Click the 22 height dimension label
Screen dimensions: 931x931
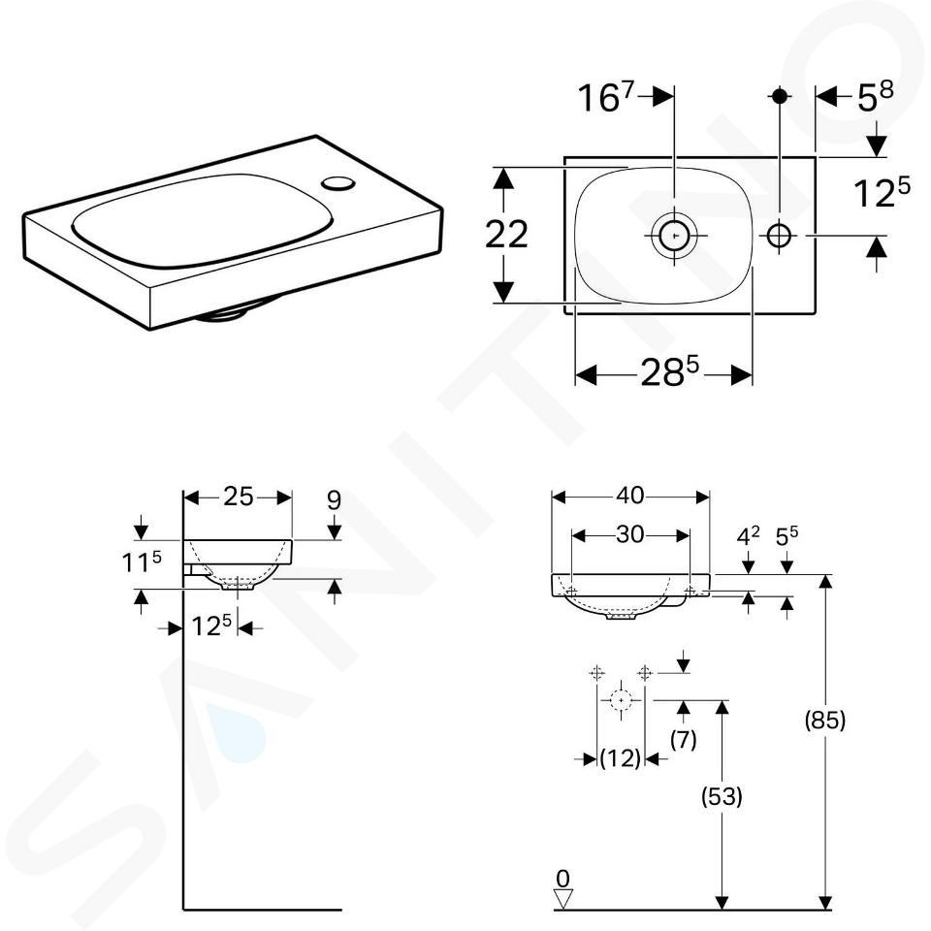tap(506, 234)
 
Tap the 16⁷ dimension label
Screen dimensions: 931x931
tap(606, 97)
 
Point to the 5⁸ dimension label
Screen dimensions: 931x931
tap(875, 97)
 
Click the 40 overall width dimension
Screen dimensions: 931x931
tap(630, 496)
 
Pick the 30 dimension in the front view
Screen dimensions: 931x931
tap(630, 535)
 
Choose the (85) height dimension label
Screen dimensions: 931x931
tap(824, 721)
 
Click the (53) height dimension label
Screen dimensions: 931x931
tap(722, 796)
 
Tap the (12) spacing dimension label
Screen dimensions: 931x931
tap(621, 758)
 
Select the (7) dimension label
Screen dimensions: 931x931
tap(684, 740)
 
